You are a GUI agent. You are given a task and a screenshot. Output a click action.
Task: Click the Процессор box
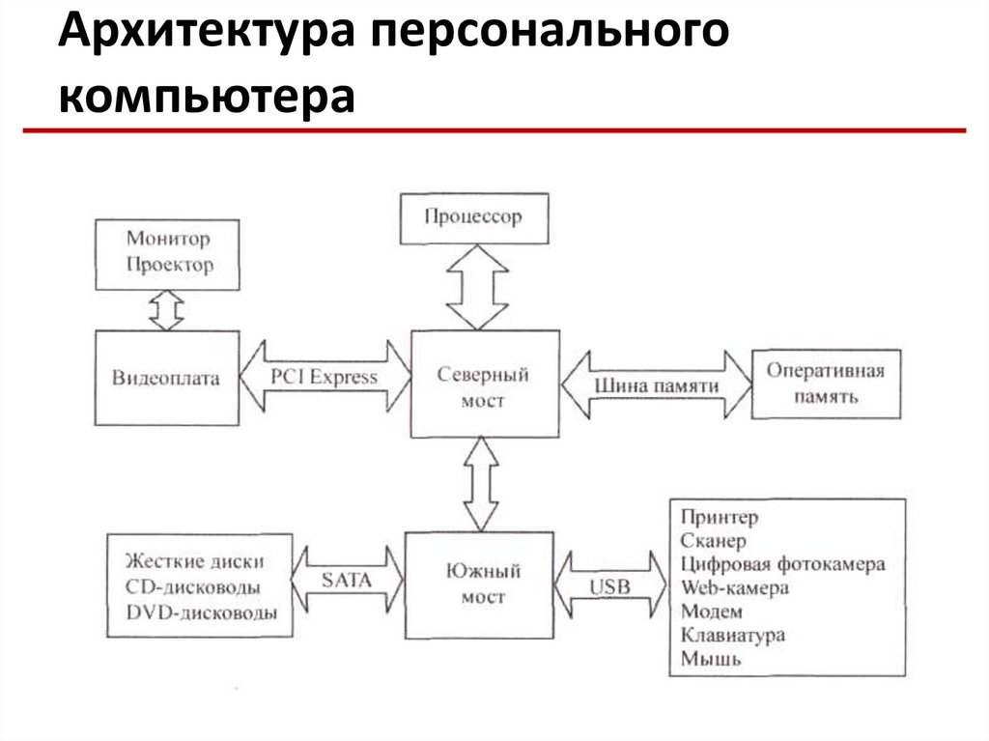pos(474,218)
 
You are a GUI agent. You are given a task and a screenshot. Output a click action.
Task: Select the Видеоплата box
pos(167,378)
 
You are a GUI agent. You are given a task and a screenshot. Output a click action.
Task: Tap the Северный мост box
pos(485,384)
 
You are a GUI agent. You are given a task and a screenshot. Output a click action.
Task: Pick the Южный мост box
pos(479,585)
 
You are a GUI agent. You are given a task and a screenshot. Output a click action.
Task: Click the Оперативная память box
pos(827,384)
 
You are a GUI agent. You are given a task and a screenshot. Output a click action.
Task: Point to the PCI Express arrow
pos(325,377)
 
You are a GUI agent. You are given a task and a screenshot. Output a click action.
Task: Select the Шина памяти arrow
pos(656,385)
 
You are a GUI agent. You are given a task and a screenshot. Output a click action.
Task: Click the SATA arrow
pos(348,580)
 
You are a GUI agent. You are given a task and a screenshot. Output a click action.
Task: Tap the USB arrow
pos(610,585)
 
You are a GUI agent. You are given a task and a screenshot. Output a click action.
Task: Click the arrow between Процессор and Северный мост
pos(477,287)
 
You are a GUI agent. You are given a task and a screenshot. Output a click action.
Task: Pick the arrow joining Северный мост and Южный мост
pos(481,484)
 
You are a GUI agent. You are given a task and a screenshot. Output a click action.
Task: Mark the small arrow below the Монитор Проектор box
pos(167,310)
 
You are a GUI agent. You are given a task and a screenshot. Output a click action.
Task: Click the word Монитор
pos(168,239)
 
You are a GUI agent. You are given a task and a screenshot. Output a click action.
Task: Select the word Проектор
pos(170,265)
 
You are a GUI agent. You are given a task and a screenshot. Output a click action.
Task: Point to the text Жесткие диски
pos(194,561)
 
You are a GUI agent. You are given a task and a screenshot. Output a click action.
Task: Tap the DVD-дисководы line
pos(202,612)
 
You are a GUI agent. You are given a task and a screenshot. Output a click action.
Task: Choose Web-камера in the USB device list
pos(735,587)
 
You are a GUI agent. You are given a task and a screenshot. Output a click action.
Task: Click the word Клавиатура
pos(733,635)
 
